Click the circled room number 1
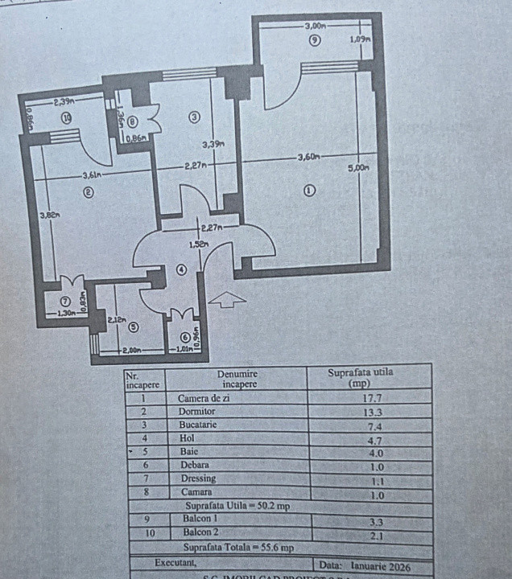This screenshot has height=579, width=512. click(x=310, y=191)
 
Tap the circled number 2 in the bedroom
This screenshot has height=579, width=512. click(x=88, y=191)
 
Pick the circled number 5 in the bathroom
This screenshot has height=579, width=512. click(x=133, y=326)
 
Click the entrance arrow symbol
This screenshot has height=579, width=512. click(x=227, y=300)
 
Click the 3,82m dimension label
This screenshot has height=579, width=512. click(x=50, y=215)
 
